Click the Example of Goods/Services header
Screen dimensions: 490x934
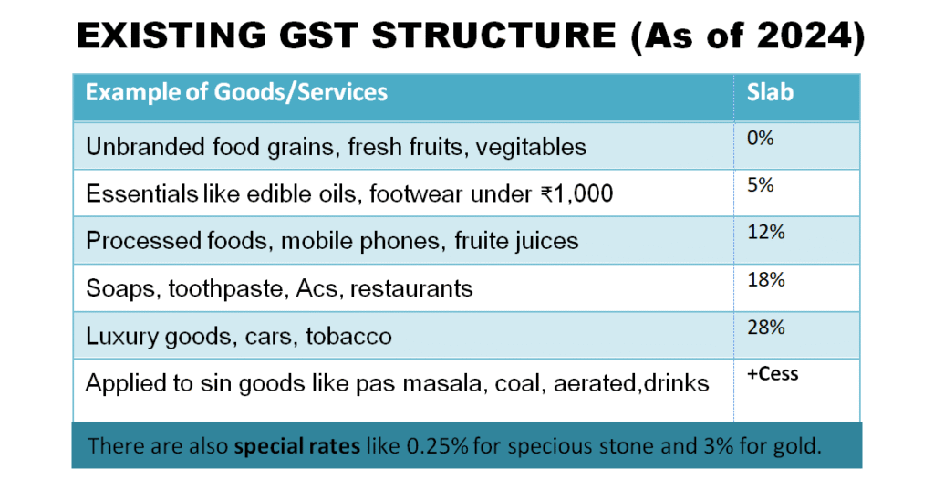coord(236,92)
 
